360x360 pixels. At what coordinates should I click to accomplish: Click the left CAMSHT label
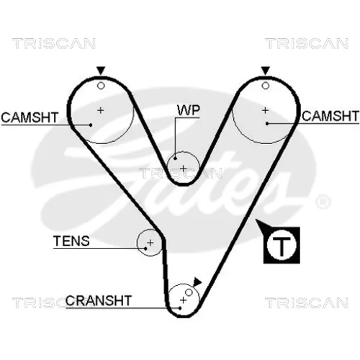coord(30,117)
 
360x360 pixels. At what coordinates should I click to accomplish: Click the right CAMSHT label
coord(330,116)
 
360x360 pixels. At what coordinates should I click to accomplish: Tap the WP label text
coord(189,110)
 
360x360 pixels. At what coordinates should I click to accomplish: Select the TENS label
coord(71,241)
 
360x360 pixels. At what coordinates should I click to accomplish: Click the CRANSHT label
coord(99,300)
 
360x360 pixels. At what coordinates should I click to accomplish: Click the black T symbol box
coord(282,246)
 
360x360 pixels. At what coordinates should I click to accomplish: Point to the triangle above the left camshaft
coord(101,71)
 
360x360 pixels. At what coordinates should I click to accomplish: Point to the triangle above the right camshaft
coord(265,71)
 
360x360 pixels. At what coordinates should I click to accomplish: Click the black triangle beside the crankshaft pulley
coord(197,282)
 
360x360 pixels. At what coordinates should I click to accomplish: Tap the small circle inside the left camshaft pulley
coord(101,86)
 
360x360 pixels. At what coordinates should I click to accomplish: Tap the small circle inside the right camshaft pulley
coord(265,86)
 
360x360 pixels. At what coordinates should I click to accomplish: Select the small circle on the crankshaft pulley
coord(189,292)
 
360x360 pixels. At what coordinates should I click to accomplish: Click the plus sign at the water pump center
coord(183,168)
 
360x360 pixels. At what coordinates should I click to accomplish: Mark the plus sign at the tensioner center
coord(150,243)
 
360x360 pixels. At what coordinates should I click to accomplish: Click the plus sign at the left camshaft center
coord(101,110)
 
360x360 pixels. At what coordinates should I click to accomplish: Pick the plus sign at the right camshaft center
coord(265,110)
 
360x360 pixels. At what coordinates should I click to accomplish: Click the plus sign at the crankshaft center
coord(183,300)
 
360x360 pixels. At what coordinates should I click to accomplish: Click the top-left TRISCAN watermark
coord(54,43)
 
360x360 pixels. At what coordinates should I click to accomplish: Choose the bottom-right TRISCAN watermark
coord(307,302)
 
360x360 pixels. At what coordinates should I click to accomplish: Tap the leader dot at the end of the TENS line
coord(145,248)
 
